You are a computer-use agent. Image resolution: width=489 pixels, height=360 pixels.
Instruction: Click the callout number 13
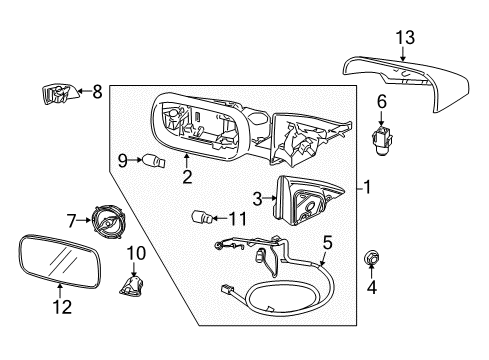(x=405, y=38)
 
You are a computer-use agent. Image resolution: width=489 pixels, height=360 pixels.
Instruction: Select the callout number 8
(x=97, y=91)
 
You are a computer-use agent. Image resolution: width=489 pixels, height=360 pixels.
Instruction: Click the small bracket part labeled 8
(x=60, y=94)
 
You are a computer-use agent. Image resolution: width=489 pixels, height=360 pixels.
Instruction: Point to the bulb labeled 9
(x=154, y=161)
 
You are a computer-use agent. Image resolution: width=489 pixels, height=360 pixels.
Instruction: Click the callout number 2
(x=187, y=177)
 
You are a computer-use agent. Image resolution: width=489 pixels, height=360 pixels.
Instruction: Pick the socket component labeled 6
(x=382, y=142)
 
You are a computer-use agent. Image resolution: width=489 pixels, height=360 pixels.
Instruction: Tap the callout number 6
(x=382, y=102)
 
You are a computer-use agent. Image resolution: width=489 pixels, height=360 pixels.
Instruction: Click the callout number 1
(x=367, y=187)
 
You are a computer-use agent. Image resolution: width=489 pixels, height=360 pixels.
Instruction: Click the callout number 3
(x=257, y=199)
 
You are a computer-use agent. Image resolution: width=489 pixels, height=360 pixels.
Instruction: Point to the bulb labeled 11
(x=202, y=218)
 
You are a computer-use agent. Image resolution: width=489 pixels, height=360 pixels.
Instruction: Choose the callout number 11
(x=238, y=219)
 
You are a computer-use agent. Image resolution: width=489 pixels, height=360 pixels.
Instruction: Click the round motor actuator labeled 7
(x=107, y=220)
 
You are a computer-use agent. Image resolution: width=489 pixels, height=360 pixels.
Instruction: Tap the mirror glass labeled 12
(x=59, y=261)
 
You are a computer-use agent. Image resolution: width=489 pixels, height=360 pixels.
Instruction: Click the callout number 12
(x=62, y=307)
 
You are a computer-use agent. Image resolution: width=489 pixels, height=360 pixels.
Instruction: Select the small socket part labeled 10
(x=131, y=286)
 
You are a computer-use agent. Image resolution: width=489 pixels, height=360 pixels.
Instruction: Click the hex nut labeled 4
(x=372, y=258)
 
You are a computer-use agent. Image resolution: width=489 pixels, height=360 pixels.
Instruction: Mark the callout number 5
(x=328, y=242)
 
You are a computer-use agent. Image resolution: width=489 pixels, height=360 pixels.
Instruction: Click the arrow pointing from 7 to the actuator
(x=84, y=220)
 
